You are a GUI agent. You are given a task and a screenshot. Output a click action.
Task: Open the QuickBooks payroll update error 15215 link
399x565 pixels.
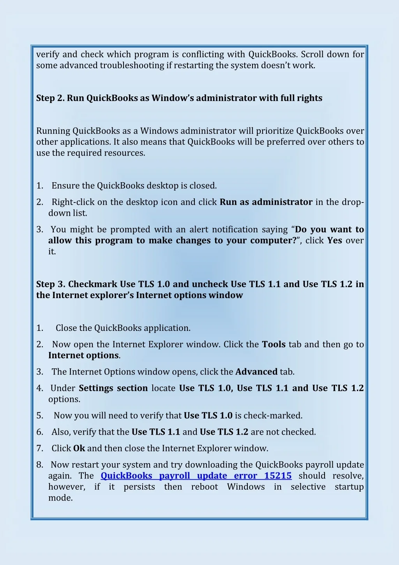(196, 476)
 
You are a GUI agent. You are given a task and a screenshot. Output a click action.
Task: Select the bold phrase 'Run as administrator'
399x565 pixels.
(266, 202)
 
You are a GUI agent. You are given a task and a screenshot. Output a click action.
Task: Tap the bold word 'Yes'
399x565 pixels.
(335, 240)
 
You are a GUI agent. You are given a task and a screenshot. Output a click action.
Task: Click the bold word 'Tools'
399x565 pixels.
(274, 345)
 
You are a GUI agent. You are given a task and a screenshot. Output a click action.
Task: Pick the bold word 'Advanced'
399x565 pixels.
(256, 372)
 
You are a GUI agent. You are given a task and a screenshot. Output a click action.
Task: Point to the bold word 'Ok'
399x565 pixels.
(79, 448)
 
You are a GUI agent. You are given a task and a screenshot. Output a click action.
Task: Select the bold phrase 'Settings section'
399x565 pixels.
(113, 388)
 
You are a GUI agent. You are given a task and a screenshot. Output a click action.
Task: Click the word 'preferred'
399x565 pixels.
(286, 142)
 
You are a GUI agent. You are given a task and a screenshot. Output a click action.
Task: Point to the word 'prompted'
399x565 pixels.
(130, 229)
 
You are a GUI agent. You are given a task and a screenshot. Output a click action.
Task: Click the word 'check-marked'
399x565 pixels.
(273, 416)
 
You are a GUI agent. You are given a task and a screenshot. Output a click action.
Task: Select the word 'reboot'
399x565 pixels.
(205, 487)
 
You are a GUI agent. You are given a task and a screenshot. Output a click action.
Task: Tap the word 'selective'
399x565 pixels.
(308, 487)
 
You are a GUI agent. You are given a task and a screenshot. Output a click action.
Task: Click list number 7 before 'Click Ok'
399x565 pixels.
(40, 448)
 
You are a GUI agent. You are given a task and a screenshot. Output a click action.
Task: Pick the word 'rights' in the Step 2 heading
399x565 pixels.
(310, 98)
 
